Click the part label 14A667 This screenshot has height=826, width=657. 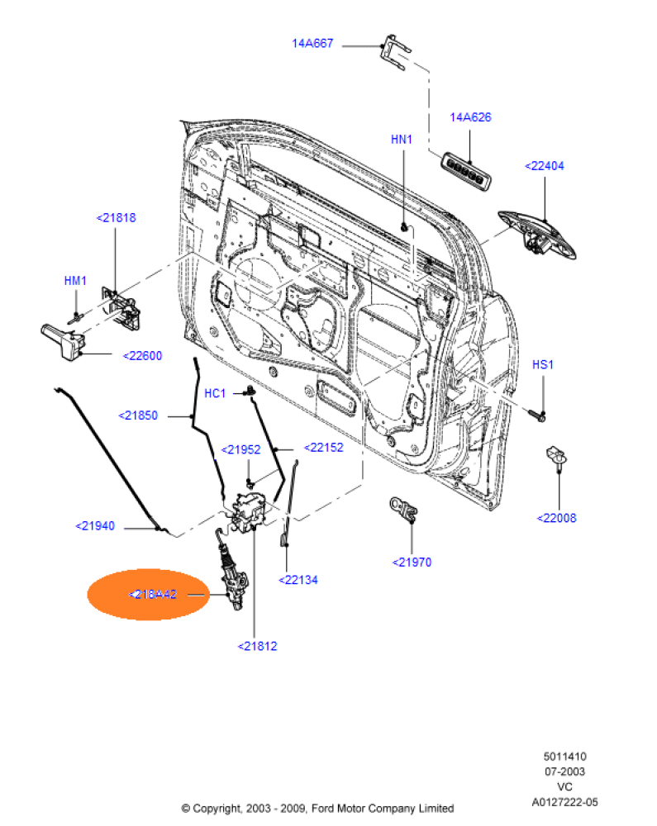click(312, 43)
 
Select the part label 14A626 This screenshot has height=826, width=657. click(470, 117)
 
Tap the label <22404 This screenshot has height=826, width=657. click(545, 166)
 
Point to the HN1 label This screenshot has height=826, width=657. click(401, 140)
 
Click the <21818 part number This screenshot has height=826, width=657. click(116, 218)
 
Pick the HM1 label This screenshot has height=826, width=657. click(75, 281)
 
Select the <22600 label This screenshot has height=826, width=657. click(142, 356)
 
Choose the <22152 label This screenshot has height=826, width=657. click(323, 448)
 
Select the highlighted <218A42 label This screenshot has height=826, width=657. click(153, 593)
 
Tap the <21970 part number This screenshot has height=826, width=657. click(412, 563)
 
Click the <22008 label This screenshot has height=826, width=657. click(557, 518)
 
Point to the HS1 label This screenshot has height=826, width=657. click(542, 363)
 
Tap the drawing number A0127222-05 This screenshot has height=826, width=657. click(564, 801)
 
